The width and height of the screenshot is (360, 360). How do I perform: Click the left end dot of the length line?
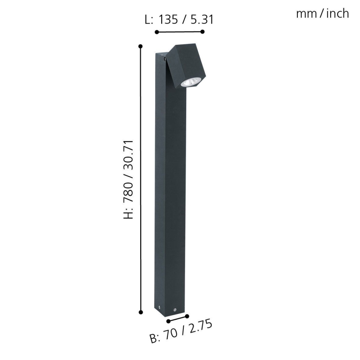[156, 32]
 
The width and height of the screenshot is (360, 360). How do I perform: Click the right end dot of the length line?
[203, 32]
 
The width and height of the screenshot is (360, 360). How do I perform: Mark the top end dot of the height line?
[141, 46]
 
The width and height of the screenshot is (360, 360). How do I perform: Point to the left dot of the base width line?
[168, 321]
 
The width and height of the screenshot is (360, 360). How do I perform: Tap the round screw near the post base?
[175, 309]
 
